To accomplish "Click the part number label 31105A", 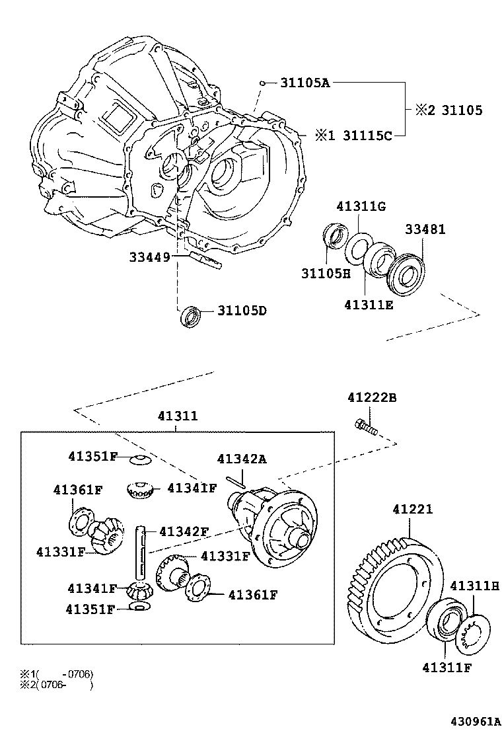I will (305, 83).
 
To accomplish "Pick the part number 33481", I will (425, 230).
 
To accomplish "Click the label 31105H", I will (326, 274).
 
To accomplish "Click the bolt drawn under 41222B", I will (366, 428).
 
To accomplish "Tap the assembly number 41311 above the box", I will (177, 416).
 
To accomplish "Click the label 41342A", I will (242, 459).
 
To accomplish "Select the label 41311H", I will (474, 586).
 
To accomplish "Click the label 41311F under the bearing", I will (447, 667).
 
